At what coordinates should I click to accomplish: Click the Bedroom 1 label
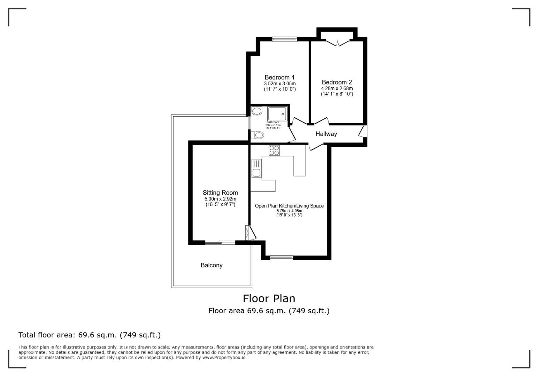click(279, 77)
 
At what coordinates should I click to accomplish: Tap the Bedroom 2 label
click(337, 82)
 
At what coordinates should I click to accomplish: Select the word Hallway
click(326, 134)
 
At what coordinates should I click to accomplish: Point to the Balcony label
click(211, 265)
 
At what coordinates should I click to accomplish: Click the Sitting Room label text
click(220, 193)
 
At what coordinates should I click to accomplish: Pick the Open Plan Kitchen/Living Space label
click(289, 206)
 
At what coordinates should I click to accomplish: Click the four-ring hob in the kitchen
click(274, 150)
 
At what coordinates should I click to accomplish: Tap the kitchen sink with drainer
click(256, 168)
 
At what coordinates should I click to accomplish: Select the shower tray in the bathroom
click(277, 114)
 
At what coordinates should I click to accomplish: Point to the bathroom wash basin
click(257, 111)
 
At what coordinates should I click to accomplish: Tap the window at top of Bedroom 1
click(284, 39)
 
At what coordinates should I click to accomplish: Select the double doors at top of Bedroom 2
click(337, 42)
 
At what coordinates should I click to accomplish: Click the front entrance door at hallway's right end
click(363, 131)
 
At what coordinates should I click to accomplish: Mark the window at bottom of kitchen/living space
click(282, 258)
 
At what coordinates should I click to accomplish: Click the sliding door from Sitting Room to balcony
click(220, 242)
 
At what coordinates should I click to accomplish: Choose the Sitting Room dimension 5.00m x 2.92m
click(220, 199)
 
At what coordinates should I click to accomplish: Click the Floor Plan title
click(269, 298)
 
